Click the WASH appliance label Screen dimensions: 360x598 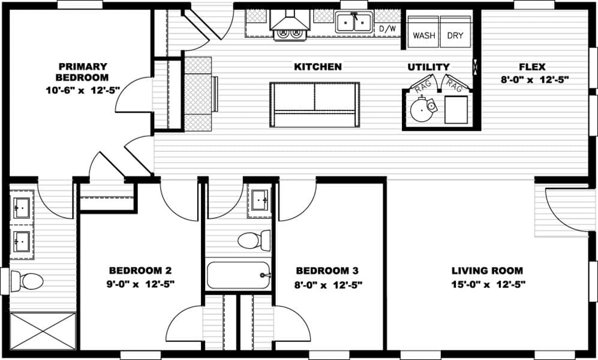[x=424, y=35]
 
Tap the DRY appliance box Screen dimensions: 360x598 [x=455, y=35]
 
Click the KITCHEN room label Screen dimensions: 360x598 [x=318, y=67]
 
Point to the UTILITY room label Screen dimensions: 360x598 [x=428, y=67]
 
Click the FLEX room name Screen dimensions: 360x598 [x=532, y=67]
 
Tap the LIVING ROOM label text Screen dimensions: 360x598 [x=487, y=271]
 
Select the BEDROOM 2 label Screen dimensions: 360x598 [x=140, y=271]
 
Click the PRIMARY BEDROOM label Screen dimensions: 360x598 [x=82, y=71]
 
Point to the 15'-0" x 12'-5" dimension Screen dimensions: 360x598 [x=488, y=284]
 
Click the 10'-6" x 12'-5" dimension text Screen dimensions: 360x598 [x=82, y=89]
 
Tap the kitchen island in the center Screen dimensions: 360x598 [x=315, y=105]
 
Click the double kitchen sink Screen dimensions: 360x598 [x=354, y=23]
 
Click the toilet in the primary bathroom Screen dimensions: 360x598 [x=28, y=281]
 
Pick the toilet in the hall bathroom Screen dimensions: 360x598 [x=254, y=241]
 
